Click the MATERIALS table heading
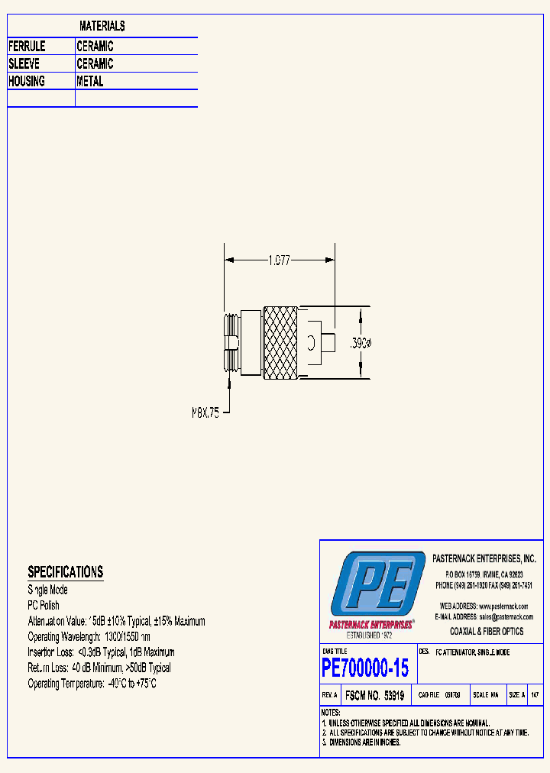pyautogui.click(x=102, y=26)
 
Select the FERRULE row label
pyautogui.click(x=27, y=47)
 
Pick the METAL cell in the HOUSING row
pyautogui.click(x=90, y=81)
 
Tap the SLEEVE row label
pyautogui.click(x=24, y=64)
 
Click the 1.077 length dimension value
pyautogui.click(x=280, y=260)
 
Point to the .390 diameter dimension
pyautogui.click(x=361, y=343)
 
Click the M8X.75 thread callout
pyautogui.click(x=205, y=412)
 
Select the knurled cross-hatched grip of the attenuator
pyautogui.click(x=281, y=343)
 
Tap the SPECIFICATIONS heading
pyautogui.click(x=65, y=571)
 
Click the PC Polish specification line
pyautogui.click(x=44, y=606)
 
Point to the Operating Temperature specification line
pyautogui.click(x=92, y=684)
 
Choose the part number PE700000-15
pyautogui.click(x=365, y=668)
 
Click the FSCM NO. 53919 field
pyautogui.click(x=374, y=696)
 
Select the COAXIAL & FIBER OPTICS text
pyautogui.click(x=487, y=631)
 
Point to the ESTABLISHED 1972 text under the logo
pyautogui.click(x=370, y=635)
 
